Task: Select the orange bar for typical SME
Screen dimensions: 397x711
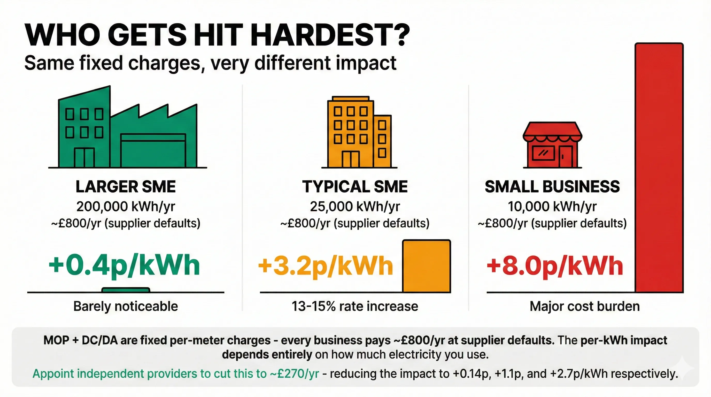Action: (427, 266)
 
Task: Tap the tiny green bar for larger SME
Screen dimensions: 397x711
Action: (126, 289)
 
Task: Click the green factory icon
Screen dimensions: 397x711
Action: (128, 130)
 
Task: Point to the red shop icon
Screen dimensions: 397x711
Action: (552, 145)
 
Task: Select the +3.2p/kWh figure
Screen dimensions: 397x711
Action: (326, 266)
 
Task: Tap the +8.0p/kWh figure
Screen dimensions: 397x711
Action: (555, 266)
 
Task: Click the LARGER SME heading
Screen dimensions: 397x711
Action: (126, 187)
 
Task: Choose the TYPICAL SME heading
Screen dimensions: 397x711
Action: (355, 187)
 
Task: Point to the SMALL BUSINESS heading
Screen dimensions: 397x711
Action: (552, 187)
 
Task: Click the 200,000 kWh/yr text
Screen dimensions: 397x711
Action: (126, 206)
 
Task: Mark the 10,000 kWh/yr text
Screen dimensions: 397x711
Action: (552, 206)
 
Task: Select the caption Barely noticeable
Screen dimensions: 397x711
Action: (126, 307)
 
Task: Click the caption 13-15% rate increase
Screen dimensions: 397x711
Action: (355, 307)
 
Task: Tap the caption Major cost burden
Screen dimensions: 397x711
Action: (585, 307)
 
